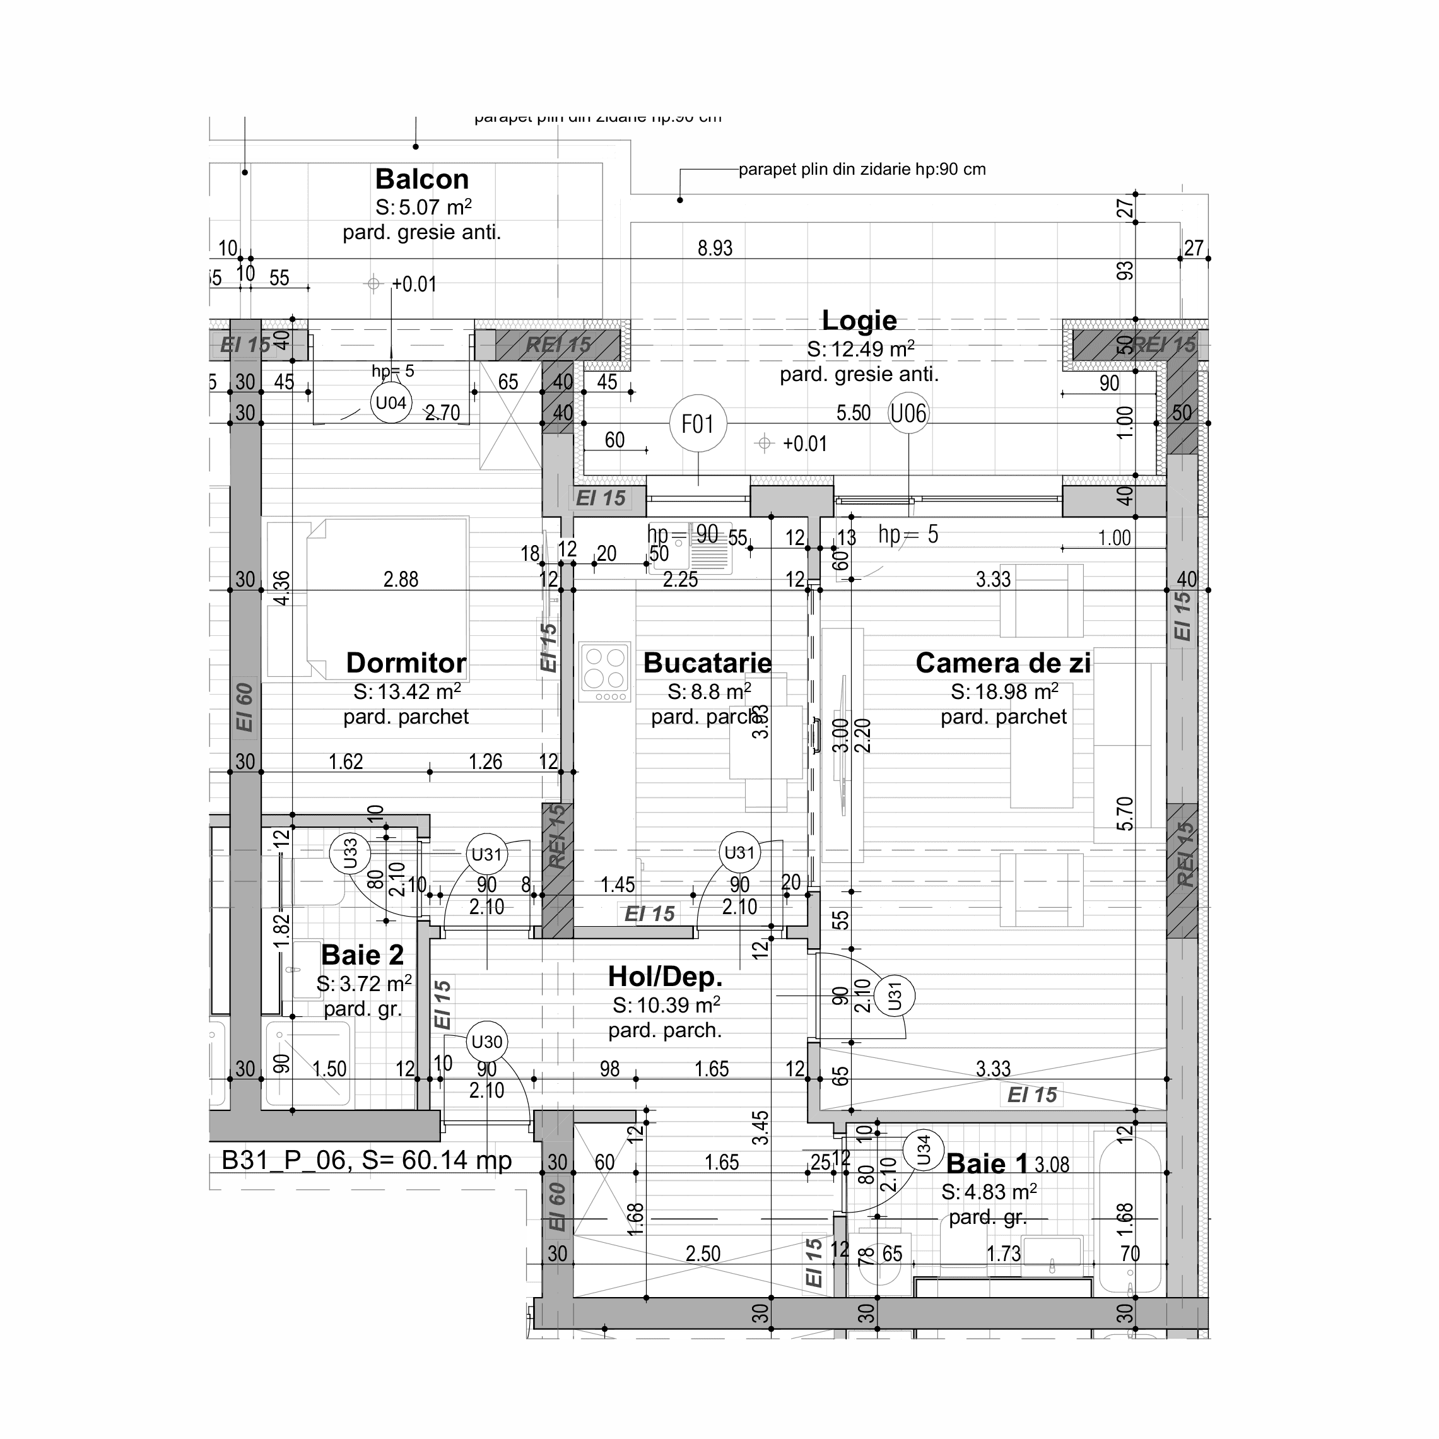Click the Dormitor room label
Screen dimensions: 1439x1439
(406, 663)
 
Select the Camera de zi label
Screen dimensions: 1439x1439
(1002, 663)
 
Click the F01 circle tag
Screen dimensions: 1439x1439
(698, 424)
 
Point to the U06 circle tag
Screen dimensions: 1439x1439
(908, 413)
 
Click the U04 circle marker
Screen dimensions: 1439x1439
(391, 404)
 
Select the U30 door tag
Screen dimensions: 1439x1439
(487, 1042)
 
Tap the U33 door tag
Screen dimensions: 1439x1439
(351, 854)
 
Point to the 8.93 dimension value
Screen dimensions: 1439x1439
(715, 248)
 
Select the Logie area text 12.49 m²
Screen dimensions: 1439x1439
(860, 349)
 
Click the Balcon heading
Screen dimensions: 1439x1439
(421, 180)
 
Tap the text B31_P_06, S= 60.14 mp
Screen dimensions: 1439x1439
(367, 1160)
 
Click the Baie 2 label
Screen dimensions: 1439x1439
(362, 955)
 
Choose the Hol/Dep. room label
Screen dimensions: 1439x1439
(665, 977)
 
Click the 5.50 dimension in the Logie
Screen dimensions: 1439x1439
(853, 413)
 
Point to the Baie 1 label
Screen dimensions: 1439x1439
(987, 1163)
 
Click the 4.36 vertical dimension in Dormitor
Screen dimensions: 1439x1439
(282, 588)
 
